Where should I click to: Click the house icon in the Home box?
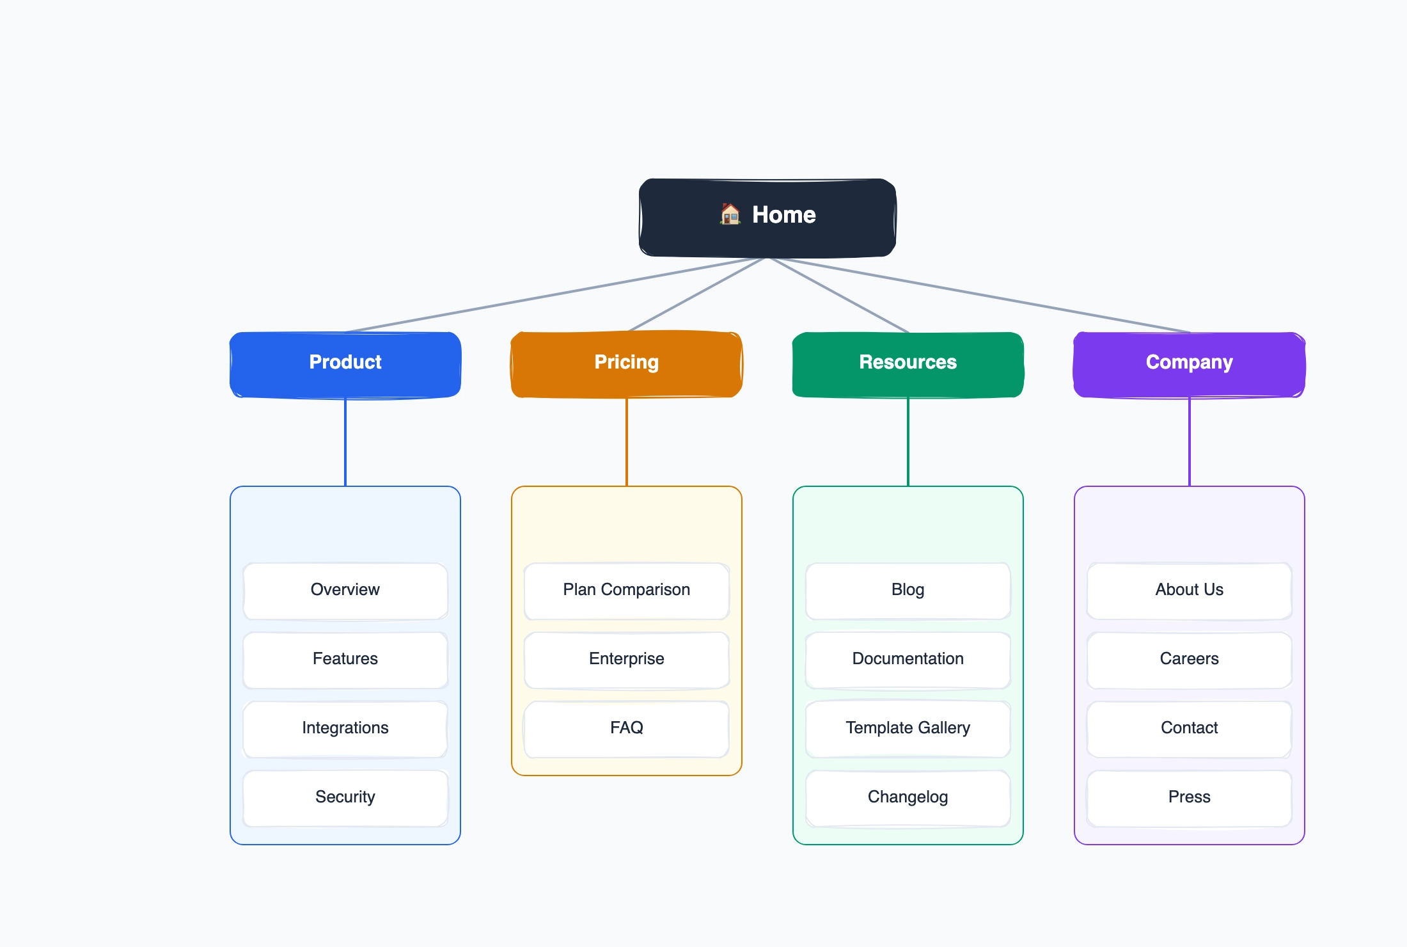730,214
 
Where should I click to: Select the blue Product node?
345,364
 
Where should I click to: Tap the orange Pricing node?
627,364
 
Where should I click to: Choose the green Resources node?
908,364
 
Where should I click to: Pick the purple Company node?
1190,364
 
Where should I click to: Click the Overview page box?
345,590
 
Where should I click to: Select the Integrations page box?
345,728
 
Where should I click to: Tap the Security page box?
345,797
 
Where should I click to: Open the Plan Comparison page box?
627,590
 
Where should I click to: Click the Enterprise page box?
627,659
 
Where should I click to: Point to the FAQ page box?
627,728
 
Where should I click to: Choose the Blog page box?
908,590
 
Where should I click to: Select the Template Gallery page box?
908,728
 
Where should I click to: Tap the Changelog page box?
908,797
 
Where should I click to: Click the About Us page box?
1190,590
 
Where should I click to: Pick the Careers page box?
1190,659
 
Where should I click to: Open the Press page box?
1190,797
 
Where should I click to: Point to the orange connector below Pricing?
627,442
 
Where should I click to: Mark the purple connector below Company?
1190,442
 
